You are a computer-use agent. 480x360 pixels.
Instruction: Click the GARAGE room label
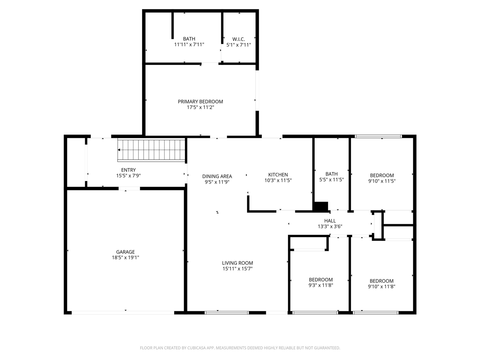point(125,252)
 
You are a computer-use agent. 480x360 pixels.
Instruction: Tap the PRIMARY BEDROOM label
point(200,102)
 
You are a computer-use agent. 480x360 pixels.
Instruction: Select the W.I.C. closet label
point(238,39)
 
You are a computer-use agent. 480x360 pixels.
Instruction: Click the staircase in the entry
point(152,150)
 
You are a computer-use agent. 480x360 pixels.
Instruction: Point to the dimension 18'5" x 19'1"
point(125,258)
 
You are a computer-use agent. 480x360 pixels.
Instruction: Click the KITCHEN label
point(278,175)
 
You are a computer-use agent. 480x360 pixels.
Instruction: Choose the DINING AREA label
point(217,176)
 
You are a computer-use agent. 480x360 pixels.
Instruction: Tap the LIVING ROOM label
point(237,263)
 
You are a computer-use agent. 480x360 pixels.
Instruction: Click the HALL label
point(330,221)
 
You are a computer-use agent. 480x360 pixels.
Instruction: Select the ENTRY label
point(128,170)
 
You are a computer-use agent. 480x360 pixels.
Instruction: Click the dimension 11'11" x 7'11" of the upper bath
point(189,45)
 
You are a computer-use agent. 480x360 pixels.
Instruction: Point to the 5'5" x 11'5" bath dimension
point(331,180)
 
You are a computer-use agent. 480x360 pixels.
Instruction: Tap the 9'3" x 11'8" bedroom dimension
point(321,285)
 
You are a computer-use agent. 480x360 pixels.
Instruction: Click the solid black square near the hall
point(321,207)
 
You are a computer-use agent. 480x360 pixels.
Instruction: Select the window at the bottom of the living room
point(227,312)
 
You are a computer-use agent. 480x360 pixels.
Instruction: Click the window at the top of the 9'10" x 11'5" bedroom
point(378,136)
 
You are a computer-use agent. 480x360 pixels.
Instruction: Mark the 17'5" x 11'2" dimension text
point(200,107)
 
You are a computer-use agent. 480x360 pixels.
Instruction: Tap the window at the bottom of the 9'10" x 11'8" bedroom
point(375,312)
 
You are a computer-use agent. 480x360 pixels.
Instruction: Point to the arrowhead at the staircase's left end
point(119,150)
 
